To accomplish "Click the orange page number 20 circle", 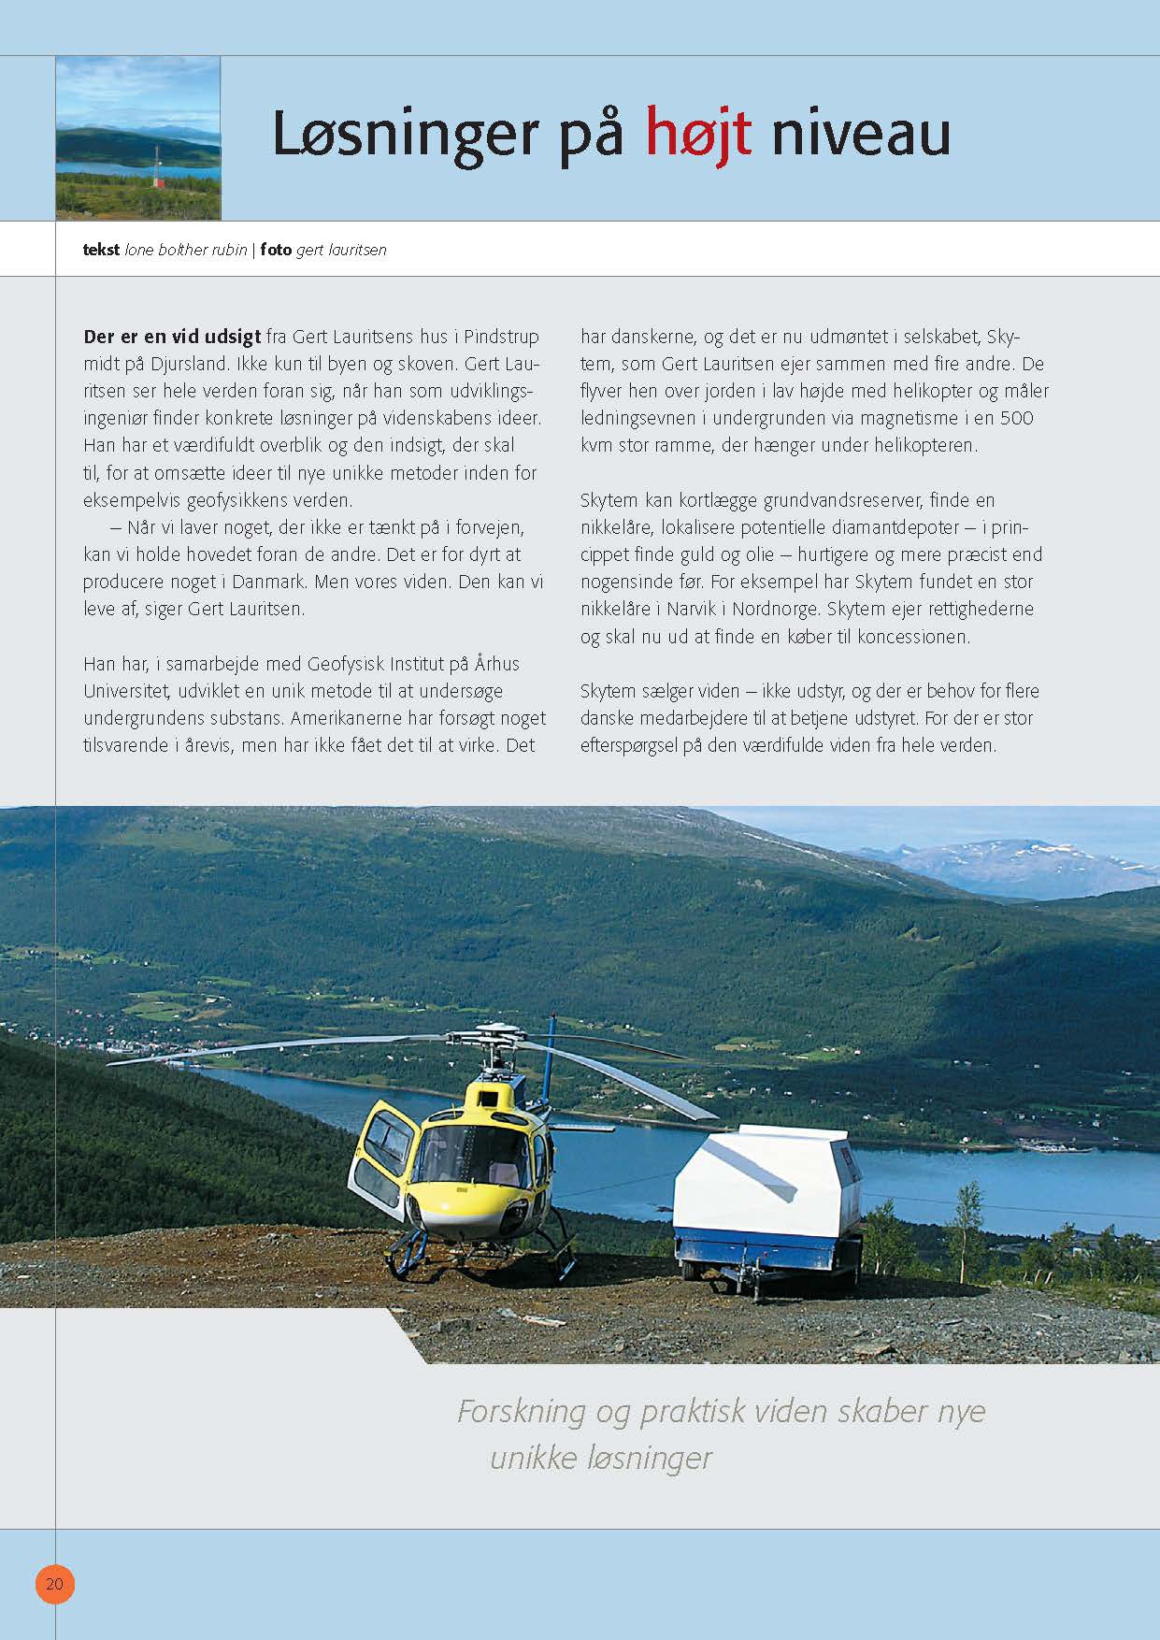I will [x=55, y=1584].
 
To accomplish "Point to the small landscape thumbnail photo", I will [x=138, y=138].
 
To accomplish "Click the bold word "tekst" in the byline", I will [x=101, y=250].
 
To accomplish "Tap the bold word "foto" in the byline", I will [x=276, y=250].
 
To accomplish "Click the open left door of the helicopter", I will [x=381, y=1159].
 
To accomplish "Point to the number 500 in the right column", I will [x=1015, y=418].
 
